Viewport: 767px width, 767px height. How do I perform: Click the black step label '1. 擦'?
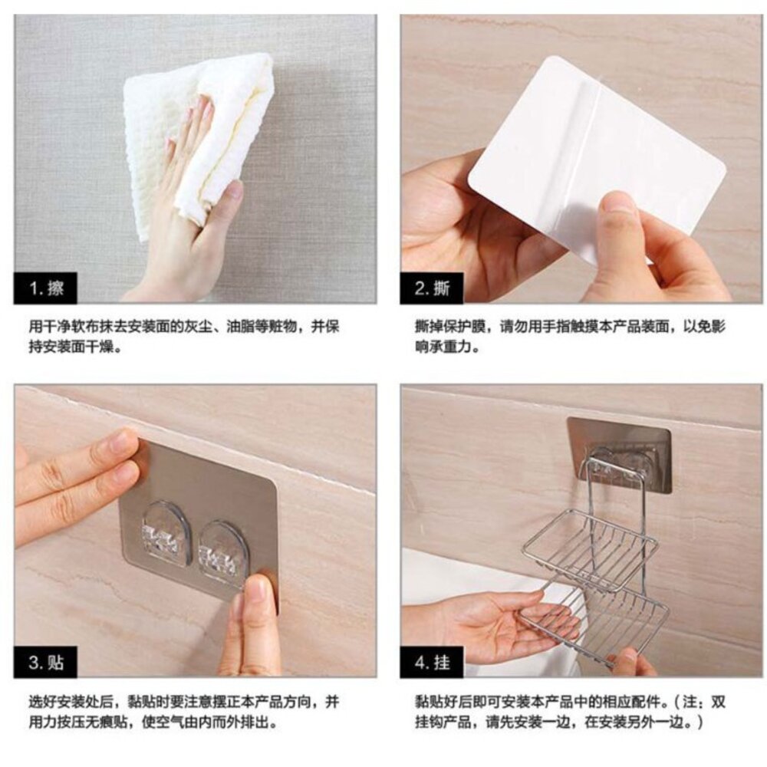click(x=45, y=288)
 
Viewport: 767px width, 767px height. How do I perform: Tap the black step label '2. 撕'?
click(x=431, y=288)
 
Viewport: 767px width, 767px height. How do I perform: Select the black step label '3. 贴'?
click(x=45, y=663)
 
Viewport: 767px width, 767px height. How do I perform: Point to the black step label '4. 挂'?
click(x=431, y=663)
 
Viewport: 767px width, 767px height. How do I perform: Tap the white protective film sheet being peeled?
click(x=597, y=156)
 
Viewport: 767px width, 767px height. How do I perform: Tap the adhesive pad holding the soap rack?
click(x=619, y=453)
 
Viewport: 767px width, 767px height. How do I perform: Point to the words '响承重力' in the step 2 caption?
click(x=443, y=347)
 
